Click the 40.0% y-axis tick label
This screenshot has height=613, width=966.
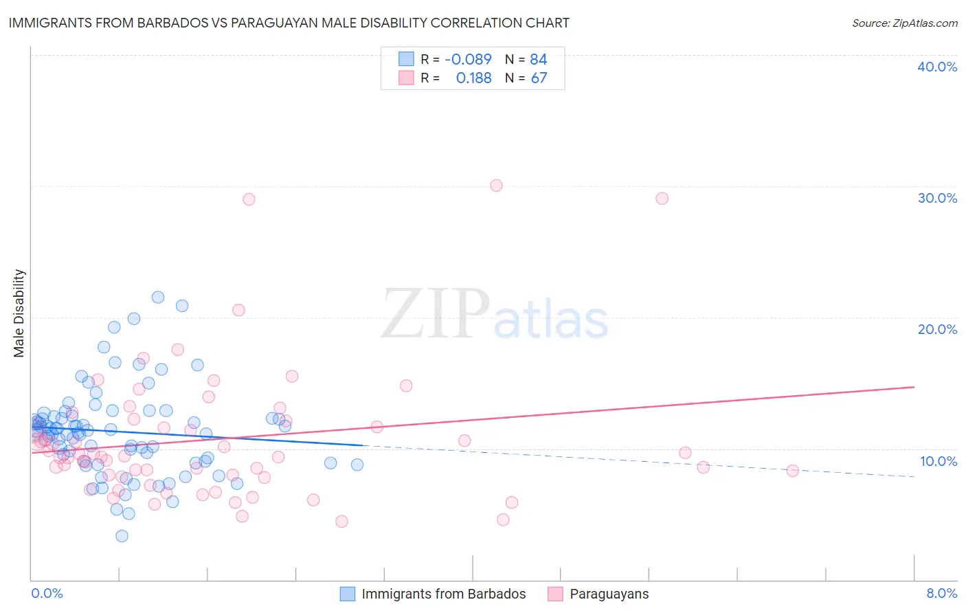937,67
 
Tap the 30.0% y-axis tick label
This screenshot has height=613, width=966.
937,198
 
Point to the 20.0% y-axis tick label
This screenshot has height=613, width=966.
937,329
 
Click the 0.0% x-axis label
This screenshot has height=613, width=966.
47,593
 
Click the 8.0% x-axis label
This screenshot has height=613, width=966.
941,593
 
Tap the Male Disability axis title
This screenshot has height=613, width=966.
19,313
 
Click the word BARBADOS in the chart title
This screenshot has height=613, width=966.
161,23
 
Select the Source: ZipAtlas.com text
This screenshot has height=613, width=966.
904,23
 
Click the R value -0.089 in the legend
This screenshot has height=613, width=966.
468,59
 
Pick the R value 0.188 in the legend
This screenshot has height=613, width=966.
473,78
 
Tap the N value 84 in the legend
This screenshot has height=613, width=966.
539,59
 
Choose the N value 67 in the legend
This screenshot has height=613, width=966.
539,78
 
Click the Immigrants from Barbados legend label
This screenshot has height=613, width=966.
443,594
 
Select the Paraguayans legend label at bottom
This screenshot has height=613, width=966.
609,594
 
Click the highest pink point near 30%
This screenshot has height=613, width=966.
496,186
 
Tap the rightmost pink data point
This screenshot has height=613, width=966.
792,471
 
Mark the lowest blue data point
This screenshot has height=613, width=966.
122,536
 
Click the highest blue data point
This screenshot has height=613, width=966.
158,298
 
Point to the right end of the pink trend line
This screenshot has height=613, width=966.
914,387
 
